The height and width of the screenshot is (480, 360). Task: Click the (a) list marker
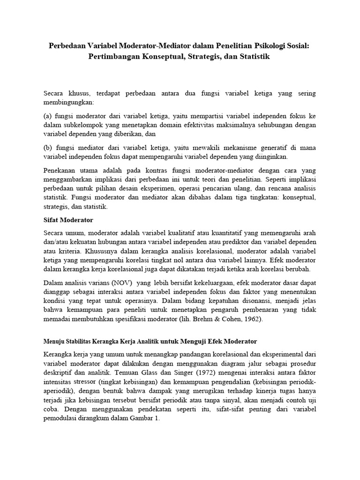click(x=47, y=115)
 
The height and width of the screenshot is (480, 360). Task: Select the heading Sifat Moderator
click(x=66, y=219)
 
